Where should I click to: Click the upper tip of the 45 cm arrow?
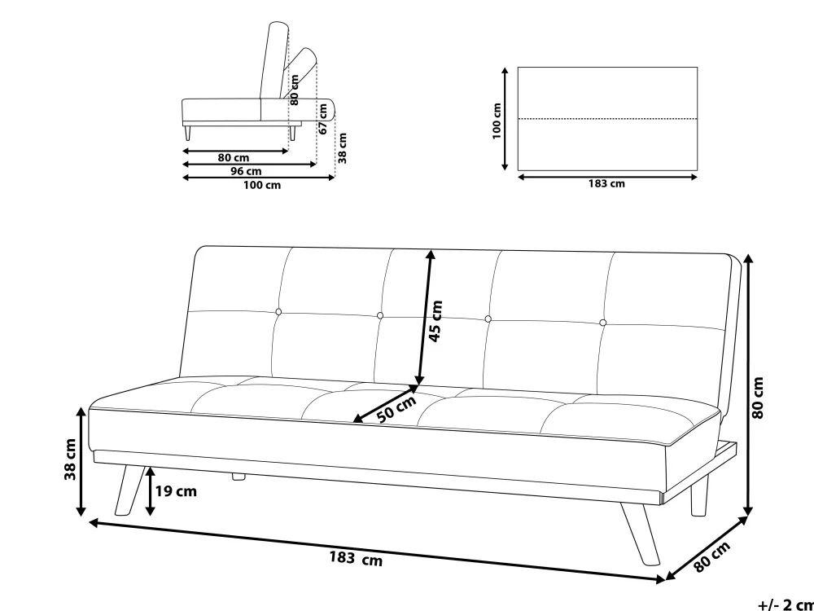[431, 250]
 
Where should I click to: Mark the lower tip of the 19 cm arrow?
[150, 516]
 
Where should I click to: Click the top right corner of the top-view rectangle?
[698, 67]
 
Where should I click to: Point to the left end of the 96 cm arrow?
[182, 165]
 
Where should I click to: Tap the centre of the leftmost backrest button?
[278, 312]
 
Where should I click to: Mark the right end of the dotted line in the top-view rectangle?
[698, 119]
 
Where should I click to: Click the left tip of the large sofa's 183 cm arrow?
[90, 521]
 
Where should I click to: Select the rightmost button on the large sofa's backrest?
[602, 323]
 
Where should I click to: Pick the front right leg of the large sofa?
[641, 534]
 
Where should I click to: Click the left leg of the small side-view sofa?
[187, 133]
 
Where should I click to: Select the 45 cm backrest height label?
[436, 320]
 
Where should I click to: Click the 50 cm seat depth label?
[396, 410]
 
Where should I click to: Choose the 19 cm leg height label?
[176, 491]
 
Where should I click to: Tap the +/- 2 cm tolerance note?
[786, 604]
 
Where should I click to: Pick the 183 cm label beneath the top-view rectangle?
[606, 183]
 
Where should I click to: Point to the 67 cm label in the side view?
[323, 119]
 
